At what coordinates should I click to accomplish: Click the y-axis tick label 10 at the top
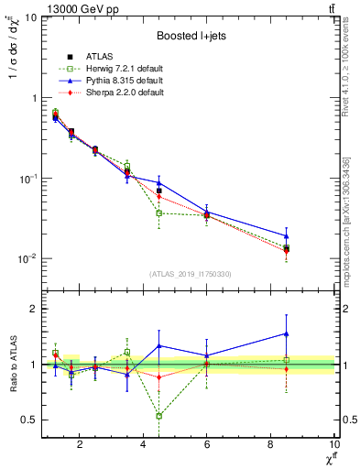click(x=29, y=18)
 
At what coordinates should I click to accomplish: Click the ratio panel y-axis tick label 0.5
click(x=27, y=420)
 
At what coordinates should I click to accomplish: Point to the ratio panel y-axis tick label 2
click(x=33, y=309)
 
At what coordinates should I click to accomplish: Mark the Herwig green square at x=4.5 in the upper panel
click(x=159, y=213)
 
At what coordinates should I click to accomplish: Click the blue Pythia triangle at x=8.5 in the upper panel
click(x=287, y=235)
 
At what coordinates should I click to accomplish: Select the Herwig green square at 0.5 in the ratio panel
click(x=159, y=416)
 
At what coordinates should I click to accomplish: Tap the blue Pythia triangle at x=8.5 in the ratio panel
click(x=287, y=333)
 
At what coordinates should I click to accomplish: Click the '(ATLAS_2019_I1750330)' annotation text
click(x=190, y=274)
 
